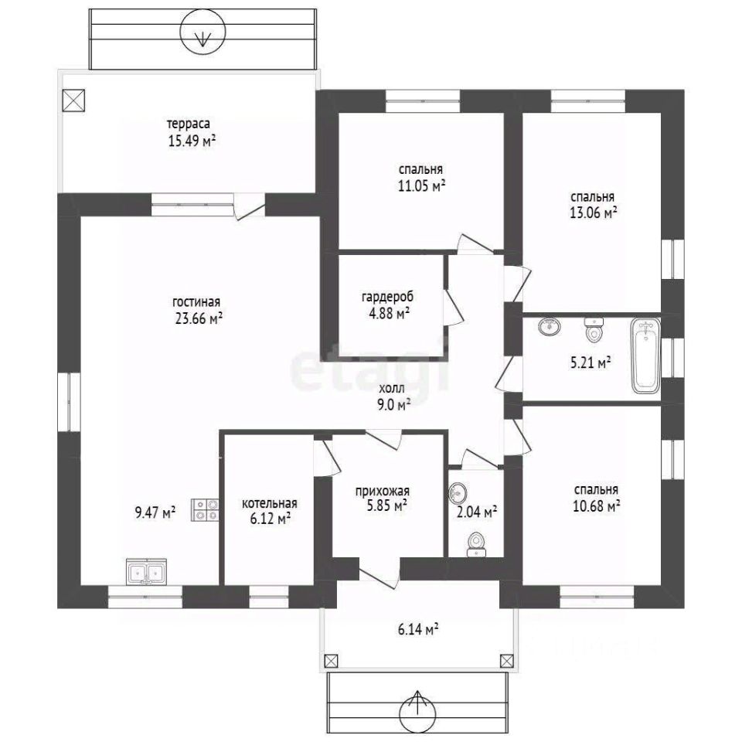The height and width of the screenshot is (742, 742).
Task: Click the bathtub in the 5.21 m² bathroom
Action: [646, 356]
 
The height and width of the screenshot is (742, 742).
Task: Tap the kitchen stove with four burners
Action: [206, 510]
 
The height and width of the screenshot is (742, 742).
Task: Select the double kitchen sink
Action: [146, 571]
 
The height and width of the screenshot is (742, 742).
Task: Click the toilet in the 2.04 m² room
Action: [475, 545]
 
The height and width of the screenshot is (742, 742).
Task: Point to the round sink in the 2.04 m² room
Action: [458, 492]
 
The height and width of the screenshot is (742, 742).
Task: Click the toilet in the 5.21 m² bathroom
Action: [594, 330]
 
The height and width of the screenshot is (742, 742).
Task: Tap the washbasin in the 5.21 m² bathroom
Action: [550, 325]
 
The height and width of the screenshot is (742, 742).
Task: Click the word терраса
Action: [189, 124]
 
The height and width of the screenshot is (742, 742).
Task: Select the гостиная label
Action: [196, 302]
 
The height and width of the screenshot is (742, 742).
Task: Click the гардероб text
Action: [387, 297]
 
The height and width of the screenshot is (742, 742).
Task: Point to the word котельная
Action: [269, 503]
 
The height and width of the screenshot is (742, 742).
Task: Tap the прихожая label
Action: [383, 492]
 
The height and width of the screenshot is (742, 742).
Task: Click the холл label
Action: [392, 389]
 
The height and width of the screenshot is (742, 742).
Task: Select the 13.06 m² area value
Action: [593, 213]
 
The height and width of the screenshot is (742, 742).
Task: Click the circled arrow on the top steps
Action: [203, 31]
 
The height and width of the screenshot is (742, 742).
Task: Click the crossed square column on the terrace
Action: [73, 100]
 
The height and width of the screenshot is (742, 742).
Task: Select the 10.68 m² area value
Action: [596, 506]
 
